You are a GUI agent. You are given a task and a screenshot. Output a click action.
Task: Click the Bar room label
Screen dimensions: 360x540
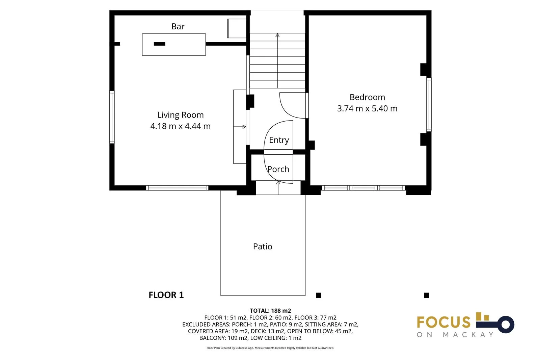[178, 26]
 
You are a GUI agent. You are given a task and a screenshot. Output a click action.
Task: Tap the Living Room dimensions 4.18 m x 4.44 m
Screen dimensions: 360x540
[180, 126]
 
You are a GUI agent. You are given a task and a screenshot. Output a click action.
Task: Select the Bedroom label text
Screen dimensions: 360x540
[367, 97]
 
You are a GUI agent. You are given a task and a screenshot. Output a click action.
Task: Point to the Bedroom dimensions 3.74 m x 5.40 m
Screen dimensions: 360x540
[367, 109]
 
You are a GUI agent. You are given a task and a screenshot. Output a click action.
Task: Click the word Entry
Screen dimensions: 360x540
[279, 140]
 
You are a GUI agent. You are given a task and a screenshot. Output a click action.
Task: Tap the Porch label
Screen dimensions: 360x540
[278, 169]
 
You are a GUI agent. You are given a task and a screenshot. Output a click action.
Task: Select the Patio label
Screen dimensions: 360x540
[263, 247]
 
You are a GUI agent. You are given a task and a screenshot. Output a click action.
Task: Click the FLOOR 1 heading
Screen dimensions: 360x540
[166, 295]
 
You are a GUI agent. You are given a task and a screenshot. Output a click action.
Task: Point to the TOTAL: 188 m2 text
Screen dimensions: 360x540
[270, 311]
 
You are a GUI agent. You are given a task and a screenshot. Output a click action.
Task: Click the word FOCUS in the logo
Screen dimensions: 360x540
[443, 322]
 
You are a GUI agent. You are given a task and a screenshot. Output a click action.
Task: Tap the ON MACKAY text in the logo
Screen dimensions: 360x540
[455, 335]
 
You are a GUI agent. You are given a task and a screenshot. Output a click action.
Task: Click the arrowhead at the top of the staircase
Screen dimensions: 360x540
[277, 35]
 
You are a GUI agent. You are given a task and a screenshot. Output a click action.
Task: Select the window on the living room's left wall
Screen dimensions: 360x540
[112, 117]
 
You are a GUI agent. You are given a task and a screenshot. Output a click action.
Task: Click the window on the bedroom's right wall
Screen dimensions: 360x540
[429, 104]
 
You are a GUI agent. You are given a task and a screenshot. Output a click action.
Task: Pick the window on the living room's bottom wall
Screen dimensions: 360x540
[177, 188]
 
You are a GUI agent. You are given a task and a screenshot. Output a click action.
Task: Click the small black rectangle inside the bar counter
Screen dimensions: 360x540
[159, 44]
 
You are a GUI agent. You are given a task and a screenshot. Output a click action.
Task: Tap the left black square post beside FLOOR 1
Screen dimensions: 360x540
[318, 295]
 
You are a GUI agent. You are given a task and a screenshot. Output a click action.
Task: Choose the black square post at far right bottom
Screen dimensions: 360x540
[427, 295]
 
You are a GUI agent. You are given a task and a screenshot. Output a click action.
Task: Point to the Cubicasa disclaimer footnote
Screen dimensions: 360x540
[270, 348]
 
